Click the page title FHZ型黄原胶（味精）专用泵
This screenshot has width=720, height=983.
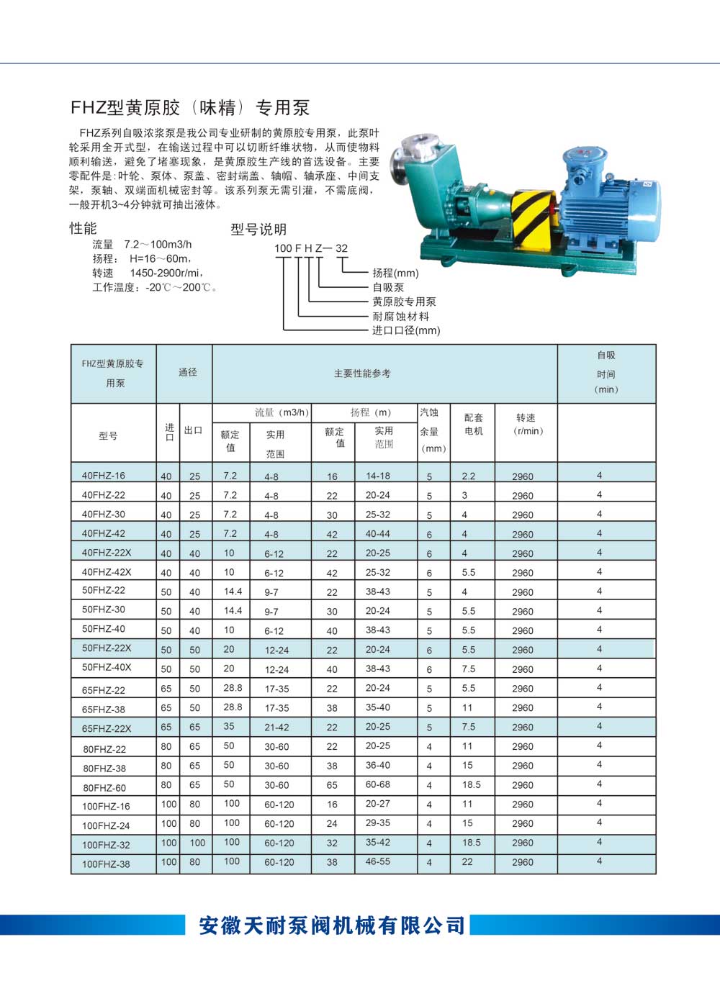(190, 108)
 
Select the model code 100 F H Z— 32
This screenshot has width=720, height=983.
(311, 248)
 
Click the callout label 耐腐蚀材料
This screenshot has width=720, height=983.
(400, 316)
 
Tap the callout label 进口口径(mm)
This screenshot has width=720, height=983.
(406, 330)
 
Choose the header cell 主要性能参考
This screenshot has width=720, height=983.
(362, 373)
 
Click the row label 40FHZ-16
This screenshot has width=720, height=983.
(104, 476)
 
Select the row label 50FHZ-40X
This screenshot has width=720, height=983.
(107, 667)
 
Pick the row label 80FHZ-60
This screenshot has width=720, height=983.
(104, 787)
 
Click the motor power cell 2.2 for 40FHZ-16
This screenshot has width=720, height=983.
(469, 476)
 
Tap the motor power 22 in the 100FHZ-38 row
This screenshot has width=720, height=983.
(467, 861)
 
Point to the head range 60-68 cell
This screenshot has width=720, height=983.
(378, 784)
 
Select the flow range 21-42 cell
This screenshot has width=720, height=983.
(276, 728)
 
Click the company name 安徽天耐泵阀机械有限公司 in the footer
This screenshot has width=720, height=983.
(332, 925)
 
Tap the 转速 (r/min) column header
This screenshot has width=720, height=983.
(526, 424)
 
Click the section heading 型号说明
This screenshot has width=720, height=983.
(258, 230)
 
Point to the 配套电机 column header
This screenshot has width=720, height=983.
(473, 424)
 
